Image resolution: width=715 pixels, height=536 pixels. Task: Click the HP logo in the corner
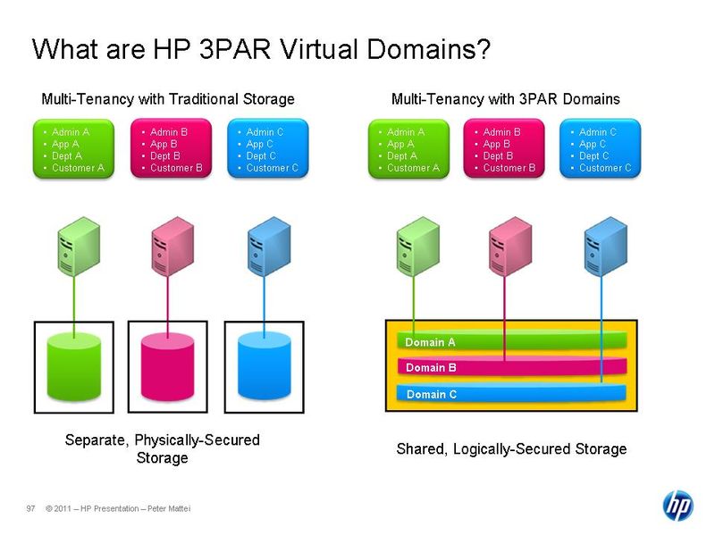coord(677,505)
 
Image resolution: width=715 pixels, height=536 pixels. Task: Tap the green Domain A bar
coord(510,342)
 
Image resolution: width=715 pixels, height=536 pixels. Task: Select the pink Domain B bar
coord(510,367)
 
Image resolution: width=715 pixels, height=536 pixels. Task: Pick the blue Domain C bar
coord(510,393)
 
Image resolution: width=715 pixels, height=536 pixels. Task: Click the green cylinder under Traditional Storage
coord(73,366)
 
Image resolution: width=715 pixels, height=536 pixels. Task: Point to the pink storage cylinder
coord(167,366)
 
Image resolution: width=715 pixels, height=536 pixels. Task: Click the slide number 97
coord(30,509)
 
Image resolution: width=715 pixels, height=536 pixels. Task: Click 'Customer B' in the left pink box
coord(176,168)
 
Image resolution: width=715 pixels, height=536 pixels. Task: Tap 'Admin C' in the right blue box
coord(598,132)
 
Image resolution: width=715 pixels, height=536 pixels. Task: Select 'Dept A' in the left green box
coord(68,156)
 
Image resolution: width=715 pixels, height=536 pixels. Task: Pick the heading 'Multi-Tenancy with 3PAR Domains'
coord(505,98)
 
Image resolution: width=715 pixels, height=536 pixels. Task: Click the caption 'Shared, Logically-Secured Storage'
coord(511,448)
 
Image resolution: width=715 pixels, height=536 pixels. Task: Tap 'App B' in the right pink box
coord(498,144)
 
